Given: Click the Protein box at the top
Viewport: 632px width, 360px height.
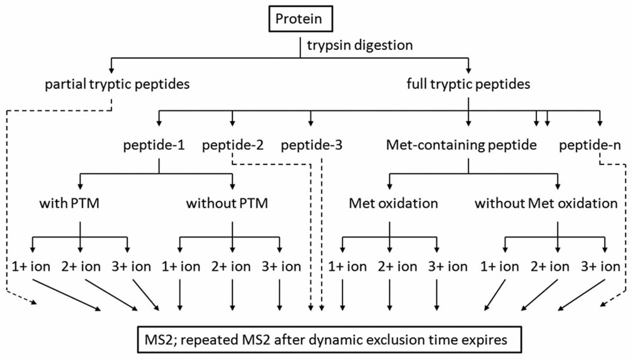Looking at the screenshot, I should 300,19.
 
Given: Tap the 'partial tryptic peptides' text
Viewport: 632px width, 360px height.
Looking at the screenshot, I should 118,84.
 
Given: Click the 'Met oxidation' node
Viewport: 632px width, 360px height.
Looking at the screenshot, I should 393,203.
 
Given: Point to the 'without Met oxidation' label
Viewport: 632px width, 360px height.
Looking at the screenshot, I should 546,203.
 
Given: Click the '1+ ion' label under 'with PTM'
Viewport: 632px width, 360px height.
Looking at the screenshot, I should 29,266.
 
